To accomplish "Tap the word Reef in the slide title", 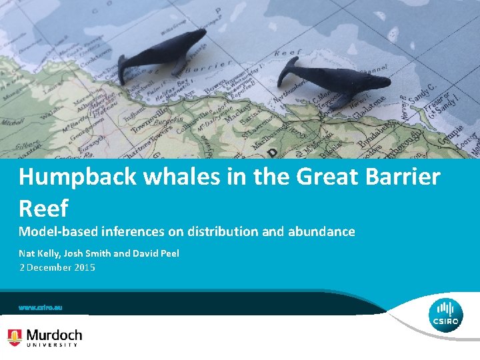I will click(43, 209).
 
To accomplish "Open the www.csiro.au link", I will click(40, 308).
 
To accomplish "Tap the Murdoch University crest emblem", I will click(15, 337).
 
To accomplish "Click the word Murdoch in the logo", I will click(54, 335).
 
